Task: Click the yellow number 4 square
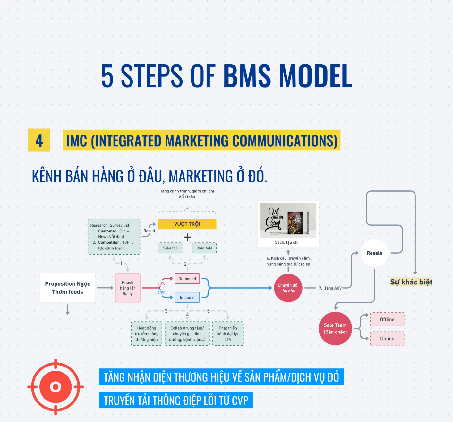tap(39, 140)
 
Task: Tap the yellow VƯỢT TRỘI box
tap(187, 224)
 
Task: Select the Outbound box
tap(187, 279)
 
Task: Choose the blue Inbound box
tap(187, 297)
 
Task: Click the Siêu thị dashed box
tap(170, 248)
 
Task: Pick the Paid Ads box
tap(204, 248)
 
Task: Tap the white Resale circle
tap(374, 253)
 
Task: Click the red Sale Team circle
tap(335, 328)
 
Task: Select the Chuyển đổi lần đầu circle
tap(288, 288)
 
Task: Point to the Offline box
tap(387, 319)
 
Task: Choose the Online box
tap(387, 338)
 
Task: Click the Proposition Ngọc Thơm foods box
tap(68, 288)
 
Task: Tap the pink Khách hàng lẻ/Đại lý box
tap(128, 288)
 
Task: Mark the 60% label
tap(161, 283)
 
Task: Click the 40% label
tap(161, 293)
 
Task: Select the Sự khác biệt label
tap(411, 282)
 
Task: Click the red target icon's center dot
tap(56, 387)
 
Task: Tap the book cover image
tap(288, 220)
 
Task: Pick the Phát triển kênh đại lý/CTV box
tap(228, 333)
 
